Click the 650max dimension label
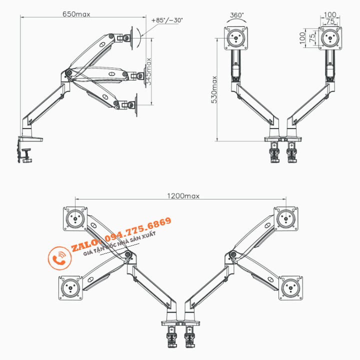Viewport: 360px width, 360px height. (x=76, y=14)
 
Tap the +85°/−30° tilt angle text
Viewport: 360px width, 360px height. (x=166, y=20)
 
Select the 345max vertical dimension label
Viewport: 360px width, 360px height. (x=148, y=72)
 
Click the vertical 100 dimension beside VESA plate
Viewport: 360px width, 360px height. (x=302, y=37)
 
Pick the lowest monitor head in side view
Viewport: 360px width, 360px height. (x=131, y=105)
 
